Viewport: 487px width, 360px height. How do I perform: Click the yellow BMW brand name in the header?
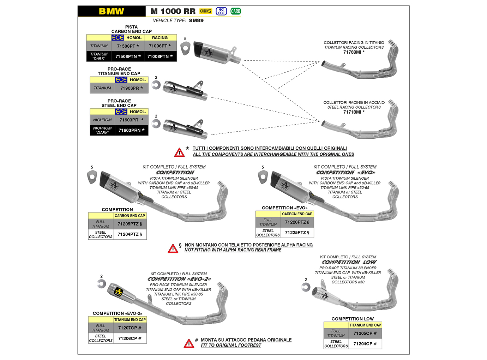(x=111, y=11)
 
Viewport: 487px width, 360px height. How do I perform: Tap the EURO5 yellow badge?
(x=205, y=11)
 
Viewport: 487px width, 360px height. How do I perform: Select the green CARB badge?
(x=235, y=11)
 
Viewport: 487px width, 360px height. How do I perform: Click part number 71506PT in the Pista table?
(x=128, y=46)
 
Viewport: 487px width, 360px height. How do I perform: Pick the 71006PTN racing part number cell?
(x=160, y=56)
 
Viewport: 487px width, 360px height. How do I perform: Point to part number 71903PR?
(x=131, y=88)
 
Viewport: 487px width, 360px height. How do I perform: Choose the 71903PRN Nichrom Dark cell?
(x=131, y=130)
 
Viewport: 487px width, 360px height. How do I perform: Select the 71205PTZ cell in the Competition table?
(x=130, y=224)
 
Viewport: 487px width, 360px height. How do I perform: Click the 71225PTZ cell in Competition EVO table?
(x=297, y=233)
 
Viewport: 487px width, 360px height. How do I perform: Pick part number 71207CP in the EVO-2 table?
(x=130, y=328)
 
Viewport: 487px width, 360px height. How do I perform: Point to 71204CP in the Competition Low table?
(x=365, y=344)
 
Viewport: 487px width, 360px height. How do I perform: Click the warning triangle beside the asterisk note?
(x=179, y=152)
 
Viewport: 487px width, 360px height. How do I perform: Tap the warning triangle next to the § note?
(x=173, y=249)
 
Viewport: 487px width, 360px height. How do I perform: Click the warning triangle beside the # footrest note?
(x=189, y=343)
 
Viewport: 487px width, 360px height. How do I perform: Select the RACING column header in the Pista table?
(x=160, y=38)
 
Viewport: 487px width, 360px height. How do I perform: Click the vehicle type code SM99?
(x=196, y=20)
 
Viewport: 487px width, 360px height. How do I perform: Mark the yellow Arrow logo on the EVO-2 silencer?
(x=118, y=292)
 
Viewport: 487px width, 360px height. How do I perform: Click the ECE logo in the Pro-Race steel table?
(x=121, y=112)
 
